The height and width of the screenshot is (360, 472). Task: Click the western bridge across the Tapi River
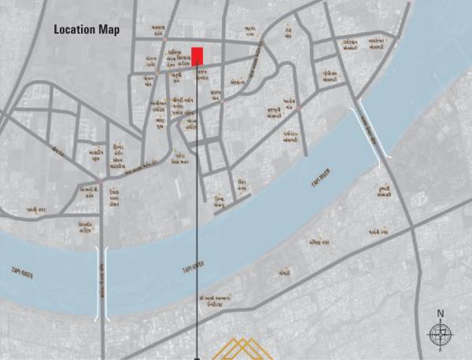(101, 282)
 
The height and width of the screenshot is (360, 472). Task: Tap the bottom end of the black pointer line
(197, 358)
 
